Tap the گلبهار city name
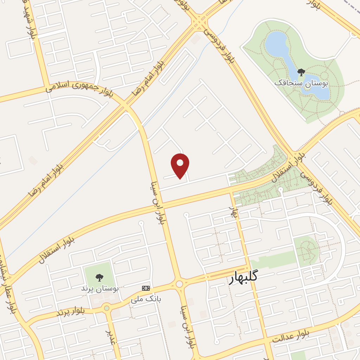coord(243,277)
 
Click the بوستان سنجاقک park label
coord(301,83)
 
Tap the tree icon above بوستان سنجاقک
coord(301,72)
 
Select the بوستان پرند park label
coord(99,289)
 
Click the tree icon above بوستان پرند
coord(99,278)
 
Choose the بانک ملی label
coord(146,299)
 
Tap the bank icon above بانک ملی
coord(146,288)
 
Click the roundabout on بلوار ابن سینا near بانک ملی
coord(179,283)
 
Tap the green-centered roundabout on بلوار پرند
coord(107,308)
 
